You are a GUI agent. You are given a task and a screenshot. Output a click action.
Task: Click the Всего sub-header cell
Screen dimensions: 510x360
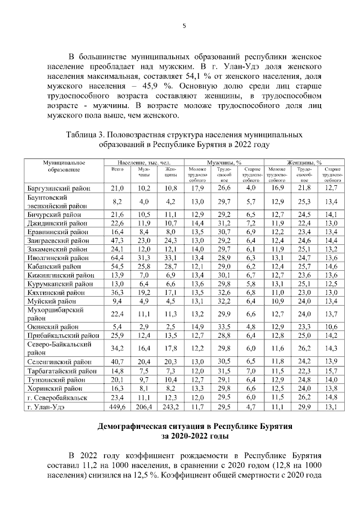click(118, 169)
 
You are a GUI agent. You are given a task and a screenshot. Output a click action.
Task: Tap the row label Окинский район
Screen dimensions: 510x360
click(54, 326)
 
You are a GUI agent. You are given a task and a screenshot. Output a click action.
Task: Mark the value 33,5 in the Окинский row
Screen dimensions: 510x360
click(224, 326)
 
